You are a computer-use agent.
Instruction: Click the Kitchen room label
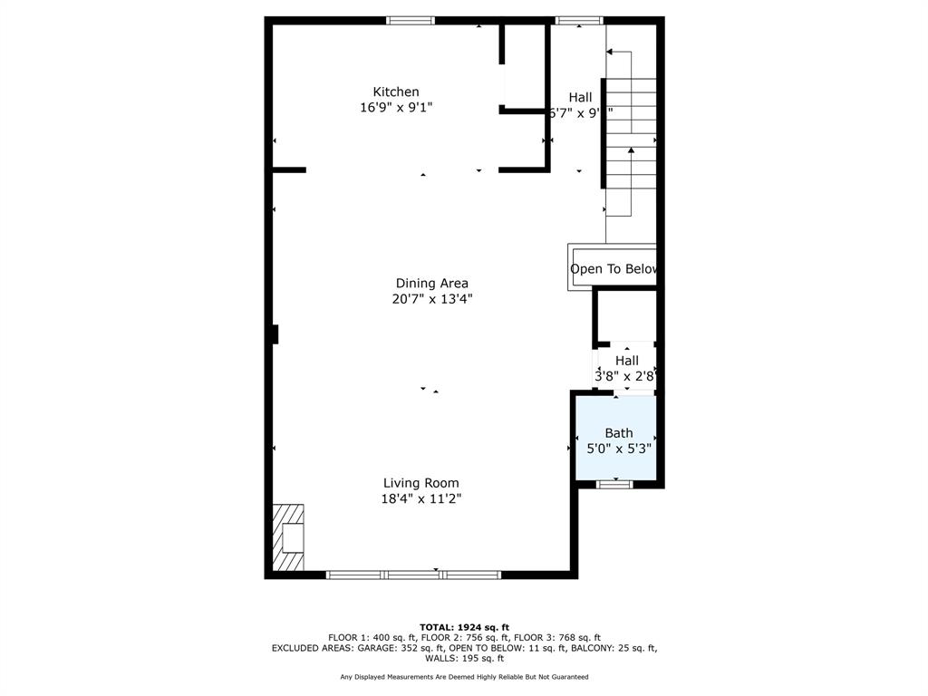tap(396, 92)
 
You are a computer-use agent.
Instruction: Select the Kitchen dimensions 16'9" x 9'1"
tap(396, 107)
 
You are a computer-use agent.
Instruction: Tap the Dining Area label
tap(431, 283)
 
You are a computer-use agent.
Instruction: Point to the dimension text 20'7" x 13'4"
tap(431, 298)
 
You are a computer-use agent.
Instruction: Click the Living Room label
tap(420, 483)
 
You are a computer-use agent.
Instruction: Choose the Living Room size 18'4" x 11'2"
tap(420, 498)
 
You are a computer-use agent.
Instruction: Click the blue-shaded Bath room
tap(616, 458)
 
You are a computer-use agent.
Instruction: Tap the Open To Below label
tap(613, 269)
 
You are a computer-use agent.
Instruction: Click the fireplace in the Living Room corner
tap(289, 538)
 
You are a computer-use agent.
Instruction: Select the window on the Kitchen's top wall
tap(411, 20)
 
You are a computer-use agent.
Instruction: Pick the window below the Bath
tap(614, 484)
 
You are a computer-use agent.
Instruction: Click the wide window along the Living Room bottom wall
tap(413, 575)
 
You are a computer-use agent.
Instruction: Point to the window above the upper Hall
tap(578, 20)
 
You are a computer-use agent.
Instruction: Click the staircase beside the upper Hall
tap(631, 136)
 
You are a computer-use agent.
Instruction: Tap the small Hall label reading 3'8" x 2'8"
tap(626, 368)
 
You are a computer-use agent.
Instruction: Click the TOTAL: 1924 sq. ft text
tap(464, 627)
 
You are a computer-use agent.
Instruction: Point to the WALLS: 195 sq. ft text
tap(464, 659)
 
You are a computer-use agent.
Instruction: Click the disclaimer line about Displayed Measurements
tap(464, 677)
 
